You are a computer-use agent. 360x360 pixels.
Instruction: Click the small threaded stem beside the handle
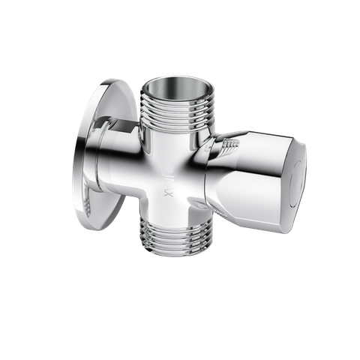coord(223,147)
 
